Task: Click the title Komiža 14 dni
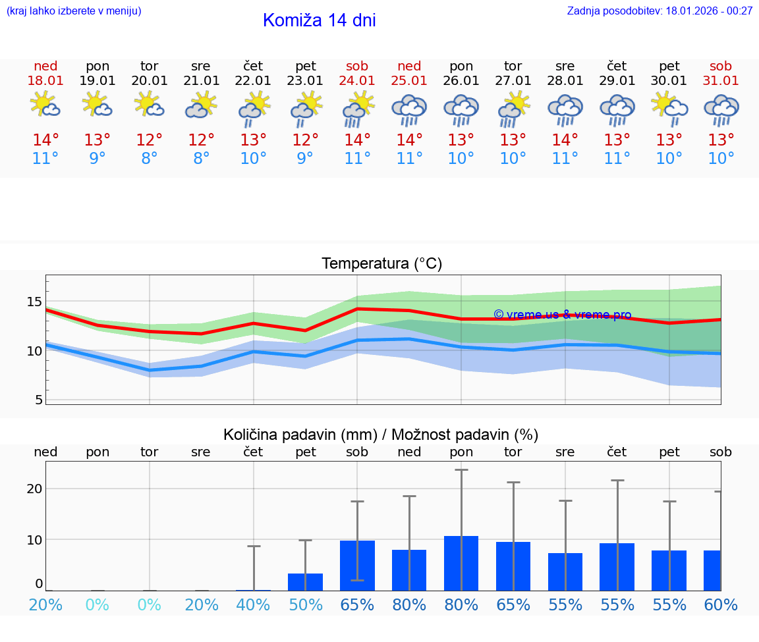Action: (x=319, y=20)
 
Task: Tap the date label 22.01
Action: (x=253, y=81)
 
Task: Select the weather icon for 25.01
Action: (x=409, y=110)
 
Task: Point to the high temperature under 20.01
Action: (x=150, y=140)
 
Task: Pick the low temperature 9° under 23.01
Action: (x=305, y=159)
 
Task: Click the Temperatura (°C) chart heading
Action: (x=381, y=264)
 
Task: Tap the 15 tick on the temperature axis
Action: (x=34, y=302)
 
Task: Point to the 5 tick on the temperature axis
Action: (x=39, y=400)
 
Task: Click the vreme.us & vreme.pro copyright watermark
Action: (x=563, y=315)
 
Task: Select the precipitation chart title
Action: (x=381, y=435)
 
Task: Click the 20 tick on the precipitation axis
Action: (x=34, y=489)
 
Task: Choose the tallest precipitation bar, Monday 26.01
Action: (x=461, y=563)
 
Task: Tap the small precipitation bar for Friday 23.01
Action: (x=305, y=582)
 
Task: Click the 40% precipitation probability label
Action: (x=253, y=605)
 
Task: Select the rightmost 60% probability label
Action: (x=721, y=605)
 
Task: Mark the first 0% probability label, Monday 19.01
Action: (x=98, y=605)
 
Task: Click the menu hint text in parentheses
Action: (x=74, y=11)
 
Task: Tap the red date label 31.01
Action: (x=721, y=81)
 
